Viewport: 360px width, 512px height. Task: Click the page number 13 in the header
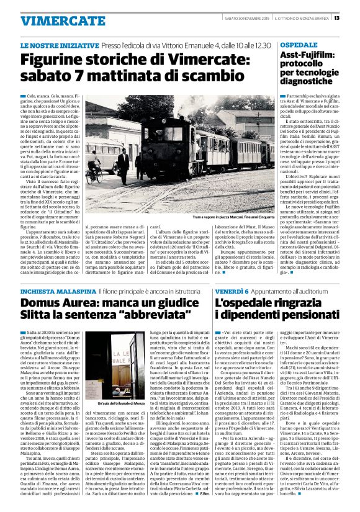point(353,17)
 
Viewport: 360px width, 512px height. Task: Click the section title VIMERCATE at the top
point(54,20)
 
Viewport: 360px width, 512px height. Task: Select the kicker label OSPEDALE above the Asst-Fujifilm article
point(299,47)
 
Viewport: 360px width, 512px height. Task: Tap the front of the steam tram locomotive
point(180,146)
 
